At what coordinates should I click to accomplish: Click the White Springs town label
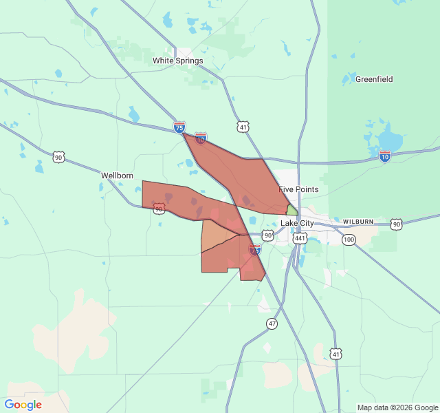177,61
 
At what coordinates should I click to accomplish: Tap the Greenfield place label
374,79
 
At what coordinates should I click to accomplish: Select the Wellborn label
117,176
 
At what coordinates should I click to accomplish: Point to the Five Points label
298,189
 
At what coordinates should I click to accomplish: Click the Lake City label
297,224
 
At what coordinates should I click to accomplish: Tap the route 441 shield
300,238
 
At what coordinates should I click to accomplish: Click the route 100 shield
349,240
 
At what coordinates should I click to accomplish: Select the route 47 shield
273,324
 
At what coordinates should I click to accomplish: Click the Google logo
23,405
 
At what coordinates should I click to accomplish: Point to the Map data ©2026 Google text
397,407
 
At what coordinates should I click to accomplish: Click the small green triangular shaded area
292,210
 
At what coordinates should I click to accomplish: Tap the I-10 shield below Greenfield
385,156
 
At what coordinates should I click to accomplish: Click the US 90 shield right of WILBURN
396,224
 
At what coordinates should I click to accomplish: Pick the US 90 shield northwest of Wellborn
59,158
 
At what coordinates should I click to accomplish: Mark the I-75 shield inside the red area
255,251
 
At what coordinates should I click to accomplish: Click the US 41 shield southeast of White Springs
243,127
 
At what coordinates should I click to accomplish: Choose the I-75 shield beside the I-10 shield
179,127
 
